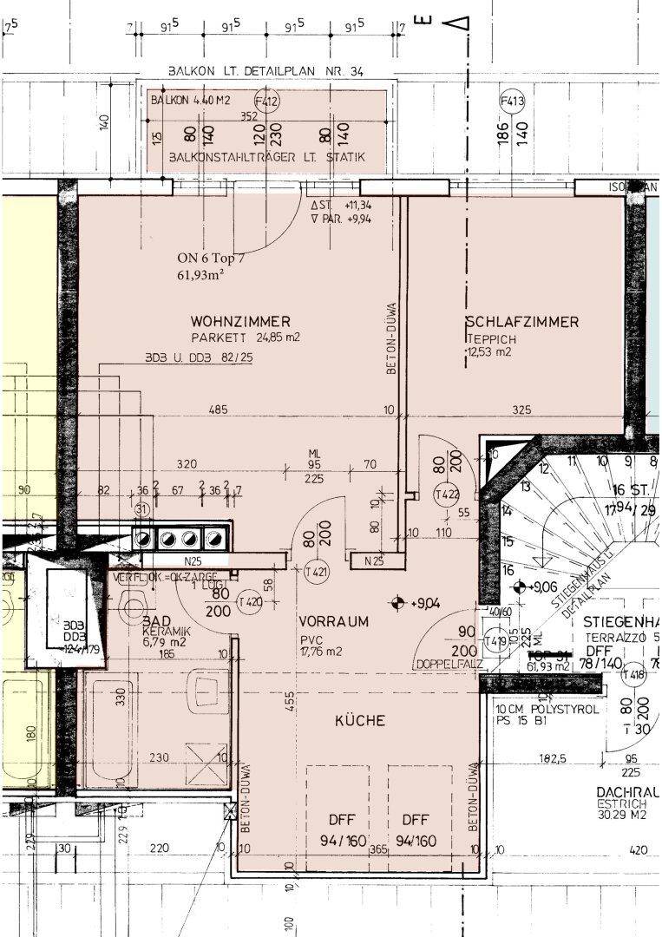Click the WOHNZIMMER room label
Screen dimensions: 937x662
pyautogui.click(x=240, y=321)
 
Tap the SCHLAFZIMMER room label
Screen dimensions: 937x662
pyautogui.click(x=521, y=322)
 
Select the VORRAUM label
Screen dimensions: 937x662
pyautogui.click(x=333, y=621)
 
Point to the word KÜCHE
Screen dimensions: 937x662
pyautogui.click(x=359, y=720)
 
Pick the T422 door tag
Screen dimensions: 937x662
pyautogui.click(x=446, y=495)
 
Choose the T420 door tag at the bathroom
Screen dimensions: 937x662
pyautogui.click(x=250, y=601)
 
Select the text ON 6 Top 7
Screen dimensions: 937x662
pyautogui.click(x=212, y=258)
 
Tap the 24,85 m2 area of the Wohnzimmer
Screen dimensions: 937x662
pyautogui.click(x=271, y=337)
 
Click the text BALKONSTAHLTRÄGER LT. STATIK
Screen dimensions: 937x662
pyautogui.click(x=267, y=157)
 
